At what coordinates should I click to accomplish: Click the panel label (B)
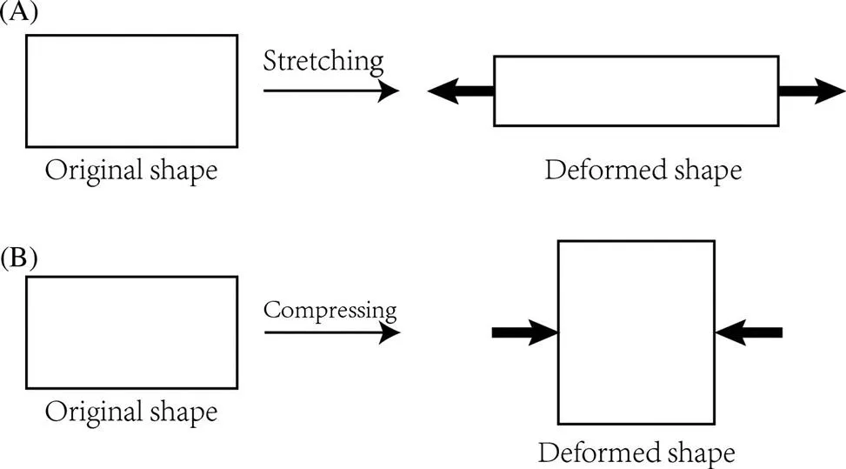coord(17,258)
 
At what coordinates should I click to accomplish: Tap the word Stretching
coord(323,61)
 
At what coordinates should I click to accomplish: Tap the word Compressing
coord(330,310)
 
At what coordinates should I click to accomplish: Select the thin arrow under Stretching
coord(330,90)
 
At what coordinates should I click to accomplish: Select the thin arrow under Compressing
coord(331,332)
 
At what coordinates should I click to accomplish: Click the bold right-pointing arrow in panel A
coord(811,90)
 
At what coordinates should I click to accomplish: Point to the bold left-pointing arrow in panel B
coord(749,332)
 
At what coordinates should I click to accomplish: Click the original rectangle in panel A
coord(131,90)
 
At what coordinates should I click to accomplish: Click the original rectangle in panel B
coord(131,332)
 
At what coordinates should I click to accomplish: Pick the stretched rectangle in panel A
coord(636,90)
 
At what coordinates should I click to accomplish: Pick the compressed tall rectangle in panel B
coord(636,332)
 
